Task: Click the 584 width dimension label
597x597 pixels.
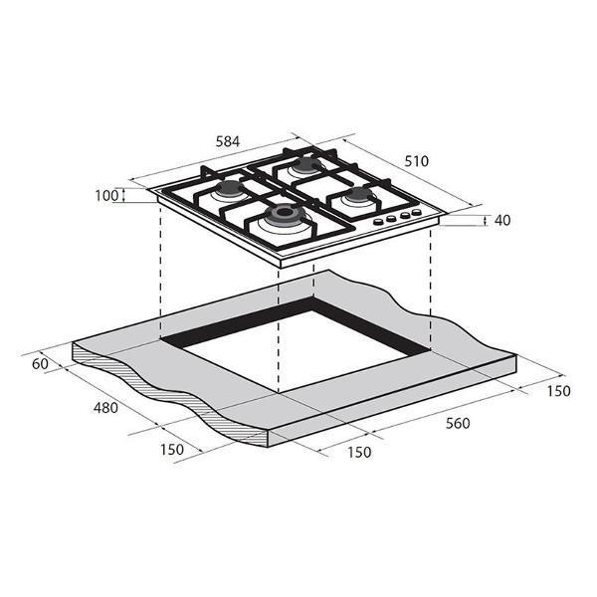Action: [x=228, y=141]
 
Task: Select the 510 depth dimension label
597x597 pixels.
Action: [x=416, y=161]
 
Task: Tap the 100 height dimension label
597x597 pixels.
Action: [x=106, y=196]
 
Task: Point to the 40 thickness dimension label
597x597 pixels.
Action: [x=502, y=220]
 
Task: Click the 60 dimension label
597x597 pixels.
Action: [x=40, y=364]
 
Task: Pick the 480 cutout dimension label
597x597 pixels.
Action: [x=105, y=408]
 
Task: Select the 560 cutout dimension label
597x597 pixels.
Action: [x=458, y=423]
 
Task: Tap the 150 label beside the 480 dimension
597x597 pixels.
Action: [x=172, y=450]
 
